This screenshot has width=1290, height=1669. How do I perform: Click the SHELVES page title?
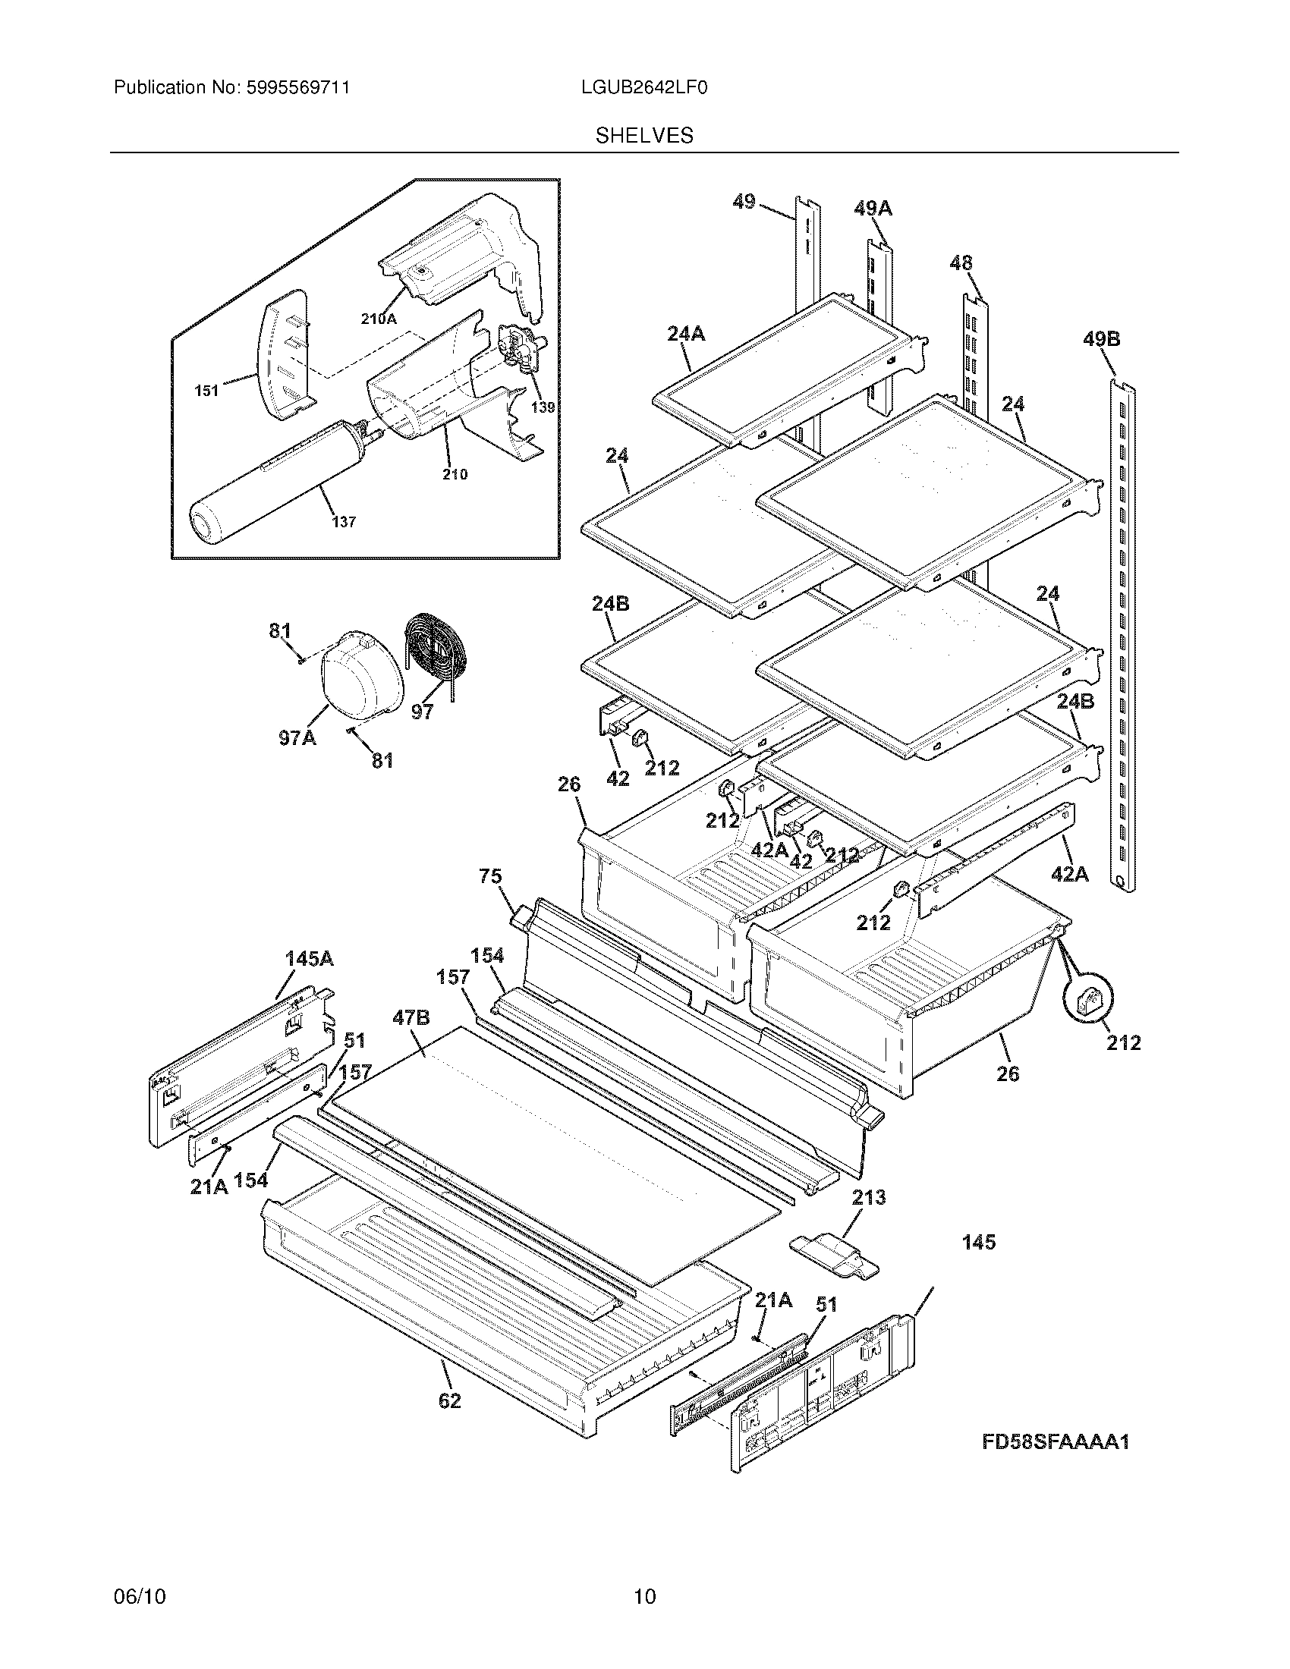644,136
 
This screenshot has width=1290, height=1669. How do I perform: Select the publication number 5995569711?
298,88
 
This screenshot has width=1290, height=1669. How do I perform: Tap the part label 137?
344,522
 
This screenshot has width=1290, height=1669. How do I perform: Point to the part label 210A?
379,319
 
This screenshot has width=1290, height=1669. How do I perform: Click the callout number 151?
206,391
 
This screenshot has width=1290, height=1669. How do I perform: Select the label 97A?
297,738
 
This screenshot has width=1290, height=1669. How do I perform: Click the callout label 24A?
685,333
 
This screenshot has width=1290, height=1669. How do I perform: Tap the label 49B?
1101,338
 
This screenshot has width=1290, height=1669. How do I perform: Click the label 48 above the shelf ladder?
961,264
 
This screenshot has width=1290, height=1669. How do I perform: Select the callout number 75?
491,876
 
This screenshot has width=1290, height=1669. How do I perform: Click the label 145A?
309,958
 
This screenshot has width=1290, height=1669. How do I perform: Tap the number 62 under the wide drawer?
449,1400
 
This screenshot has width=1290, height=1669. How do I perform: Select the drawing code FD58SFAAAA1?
1056,1442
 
